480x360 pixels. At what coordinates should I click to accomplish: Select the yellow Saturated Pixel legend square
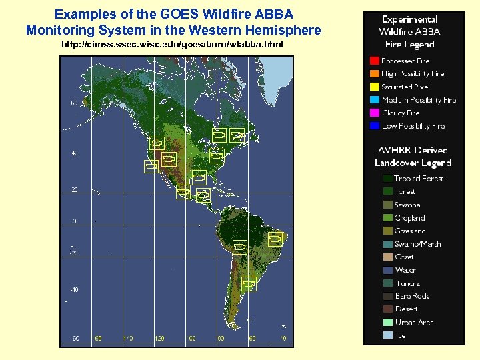[374, 87]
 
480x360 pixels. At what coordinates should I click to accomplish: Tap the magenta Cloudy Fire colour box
[374, 113]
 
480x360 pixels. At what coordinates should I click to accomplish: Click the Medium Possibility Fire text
[419, 100]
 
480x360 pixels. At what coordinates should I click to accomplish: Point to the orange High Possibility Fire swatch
[374, 74]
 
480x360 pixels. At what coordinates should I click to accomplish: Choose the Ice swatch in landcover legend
[388, 335]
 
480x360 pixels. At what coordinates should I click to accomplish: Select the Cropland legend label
[409, 218]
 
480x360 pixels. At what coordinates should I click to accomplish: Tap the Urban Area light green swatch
[388, 322]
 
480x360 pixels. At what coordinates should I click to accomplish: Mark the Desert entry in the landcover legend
[406, 309]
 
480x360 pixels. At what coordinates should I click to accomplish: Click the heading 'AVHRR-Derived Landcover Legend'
[413, 157]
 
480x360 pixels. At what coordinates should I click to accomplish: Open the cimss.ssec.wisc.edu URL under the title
[172, 44]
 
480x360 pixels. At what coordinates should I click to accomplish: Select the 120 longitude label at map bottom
[159, 338]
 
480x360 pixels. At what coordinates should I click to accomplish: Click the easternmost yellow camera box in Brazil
[275, 240]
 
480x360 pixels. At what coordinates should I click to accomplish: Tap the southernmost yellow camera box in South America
[249, 284]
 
